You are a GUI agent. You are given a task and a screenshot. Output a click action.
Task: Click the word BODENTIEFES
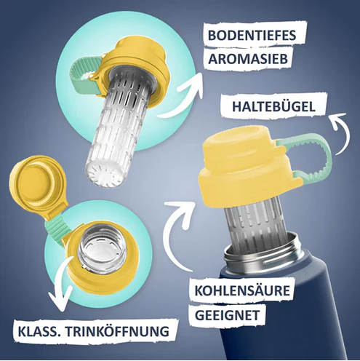pos(252,36)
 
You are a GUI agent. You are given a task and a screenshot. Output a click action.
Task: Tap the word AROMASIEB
pos(248,59)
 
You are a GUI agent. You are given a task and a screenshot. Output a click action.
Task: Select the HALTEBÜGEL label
pos(274,106)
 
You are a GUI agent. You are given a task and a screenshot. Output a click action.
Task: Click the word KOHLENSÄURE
pos(242,290)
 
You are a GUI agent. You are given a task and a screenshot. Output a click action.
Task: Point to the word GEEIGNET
pos(227,315)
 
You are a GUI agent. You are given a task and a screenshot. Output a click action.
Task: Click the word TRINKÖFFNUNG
pos(117,331)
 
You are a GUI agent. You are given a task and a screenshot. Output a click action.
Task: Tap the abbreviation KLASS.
pos(39,331)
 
